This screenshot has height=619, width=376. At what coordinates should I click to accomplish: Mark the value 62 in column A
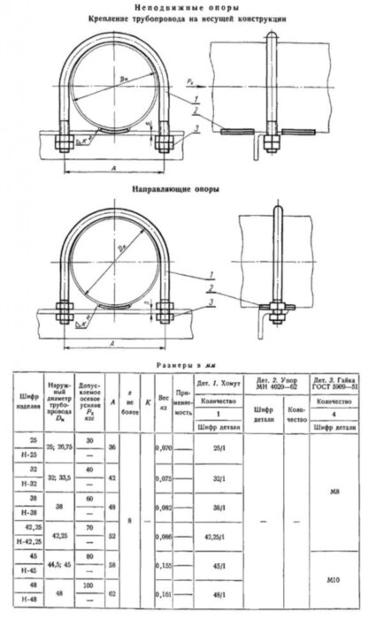112,608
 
